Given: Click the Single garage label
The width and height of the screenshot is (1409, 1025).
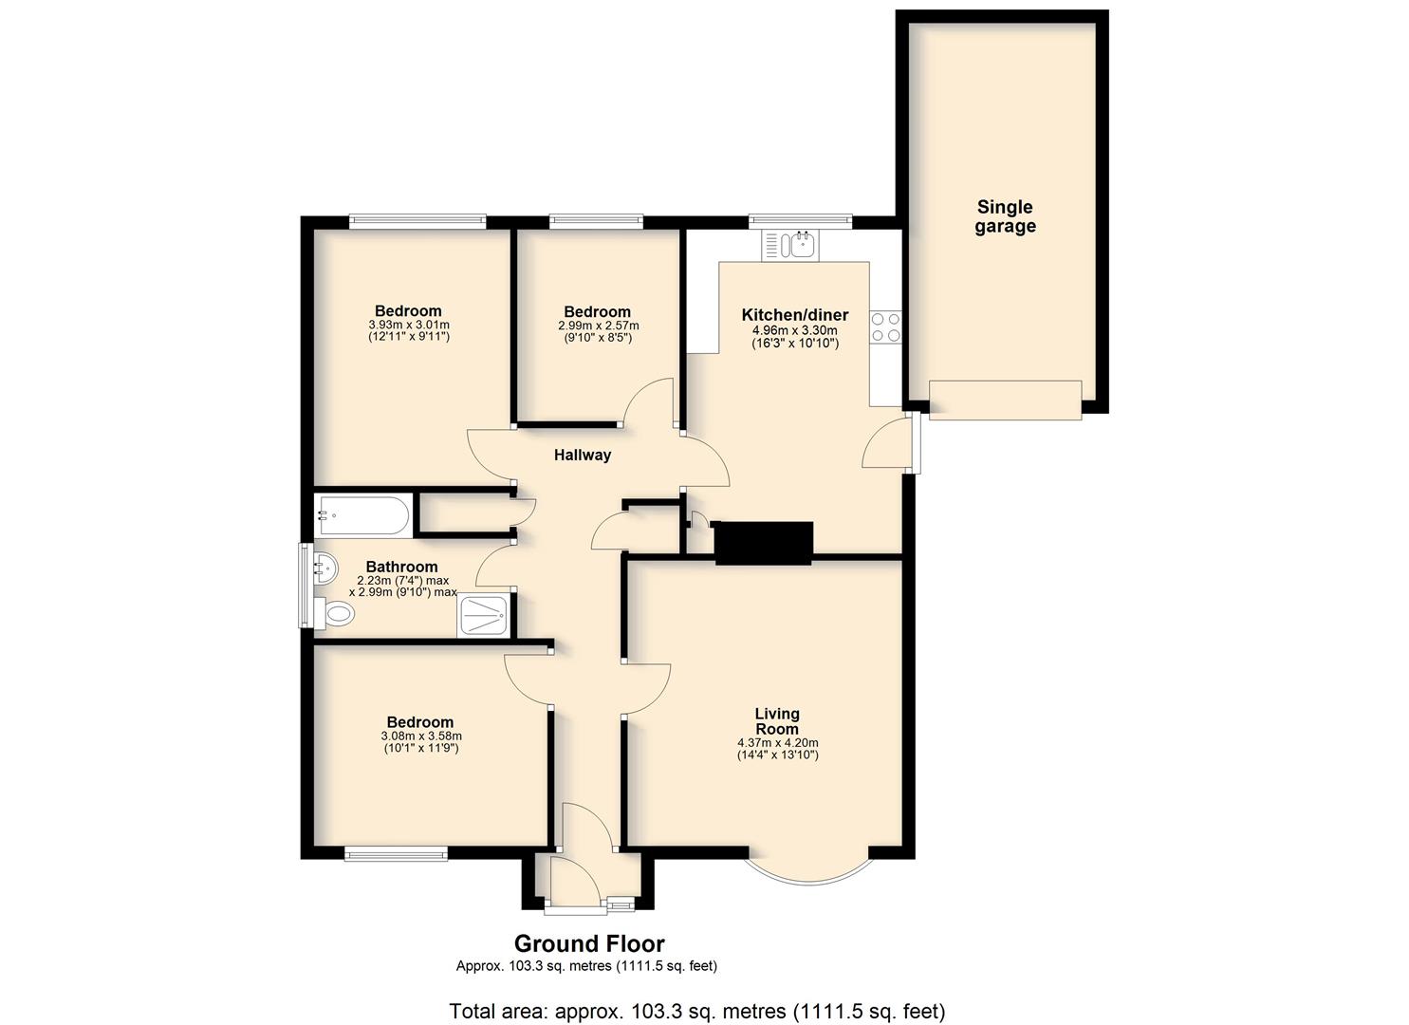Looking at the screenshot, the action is (x=1005, y=216).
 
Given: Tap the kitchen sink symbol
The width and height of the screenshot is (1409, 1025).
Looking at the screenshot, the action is (x=790, y=246).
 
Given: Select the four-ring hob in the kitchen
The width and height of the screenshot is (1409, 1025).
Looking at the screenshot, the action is (x=885, y=327).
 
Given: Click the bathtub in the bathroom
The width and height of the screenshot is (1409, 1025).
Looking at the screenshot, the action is (x=363, y=515).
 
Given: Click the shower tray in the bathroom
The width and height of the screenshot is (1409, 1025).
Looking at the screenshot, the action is (x=484, y=615).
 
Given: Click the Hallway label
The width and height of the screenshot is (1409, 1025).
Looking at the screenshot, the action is (x=583, y=455).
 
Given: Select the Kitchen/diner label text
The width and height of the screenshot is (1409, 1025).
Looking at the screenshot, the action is (x=795, y=314).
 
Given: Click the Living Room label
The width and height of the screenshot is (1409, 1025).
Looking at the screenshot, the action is (x=777, y=721).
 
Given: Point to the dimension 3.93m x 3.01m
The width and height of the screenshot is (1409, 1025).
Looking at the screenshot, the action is (x=409, y=325).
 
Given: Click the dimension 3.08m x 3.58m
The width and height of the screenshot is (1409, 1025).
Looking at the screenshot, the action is (x=421, y=736).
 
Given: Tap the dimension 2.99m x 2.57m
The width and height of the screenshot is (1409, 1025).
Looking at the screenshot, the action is (x=598, y=326).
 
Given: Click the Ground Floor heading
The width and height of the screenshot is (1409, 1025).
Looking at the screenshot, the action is (x=589, y=943).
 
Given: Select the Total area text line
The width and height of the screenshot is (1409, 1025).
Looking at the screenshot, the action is (x=697, y=1012).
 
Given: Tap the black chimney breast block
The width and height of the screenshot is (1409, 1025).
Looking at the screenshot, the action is (x=764, y=542).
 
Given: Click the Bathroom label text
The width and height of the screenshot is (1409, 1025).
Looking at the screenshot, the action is (x=402, y=567).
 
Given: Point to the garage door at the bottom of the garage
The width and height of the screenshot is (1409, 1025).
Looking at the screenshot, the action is (x=1005, y=400).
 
